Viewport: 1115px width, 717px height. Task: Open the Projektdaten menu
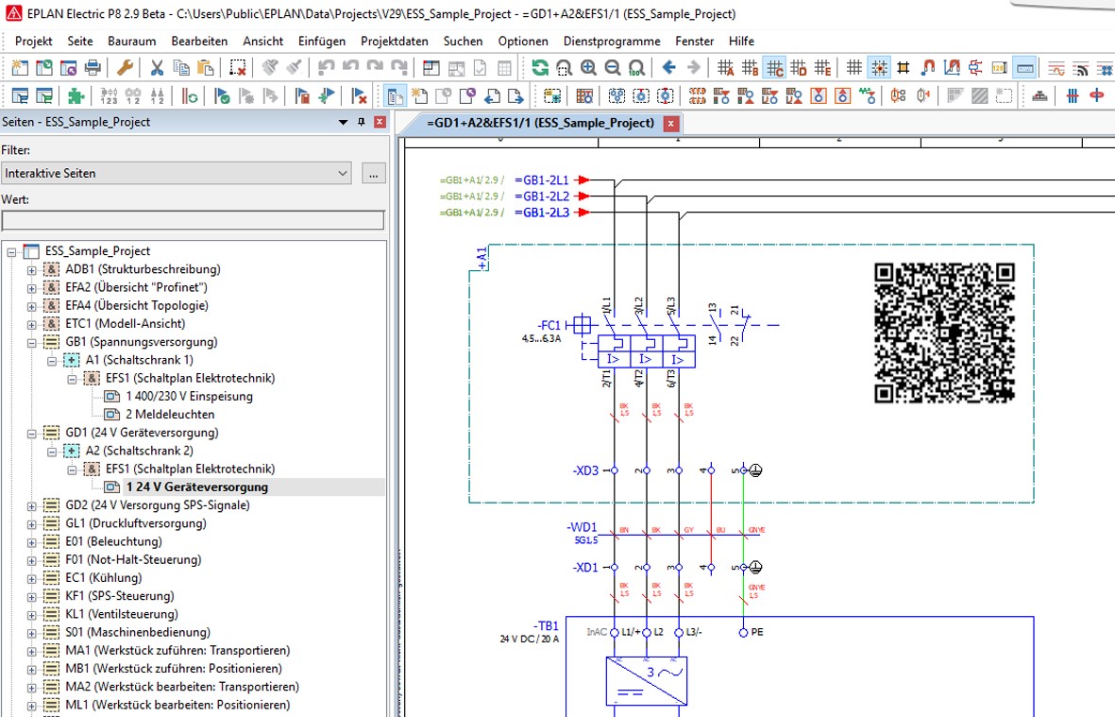[x=394, y=42]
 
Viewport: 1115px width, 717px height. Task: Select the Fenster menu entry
[x=694, y=42]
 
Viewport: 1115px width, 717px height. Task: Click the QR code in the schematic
[x=943, y=334]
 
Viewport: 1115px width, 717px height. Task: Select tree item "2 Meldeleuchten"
[x=170, y=415]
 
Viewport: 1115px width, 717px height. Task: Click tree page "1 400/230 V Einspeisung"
[x=189, y=397]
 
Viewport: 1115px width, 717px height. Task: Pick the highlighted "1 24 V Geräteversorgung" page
[x=196, y=487]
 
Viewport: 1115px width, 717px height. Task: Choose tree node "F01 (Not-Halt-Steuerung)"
[x=131, y=560]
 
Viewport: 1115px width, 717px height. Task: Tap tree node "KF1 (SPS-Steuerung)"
[x=119, y=596]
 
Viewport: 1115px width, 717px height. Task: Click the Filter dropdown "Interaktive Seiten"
[x=177, y=174]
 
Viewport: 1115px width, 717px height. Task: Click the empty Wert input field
[x=193, y=221]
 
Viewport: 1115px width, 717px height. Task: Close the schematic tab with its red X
[x=670, y=124]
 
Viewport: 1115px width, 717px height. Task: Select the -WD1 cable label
[x=582, y=527]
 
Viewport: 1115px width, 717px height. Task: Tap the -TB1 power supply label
[x=547, y=626]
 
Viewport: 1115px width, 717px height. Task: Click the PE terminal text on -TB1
[x=757, y=632]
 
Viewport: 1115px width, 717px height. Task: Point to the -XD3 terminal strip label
[x=585, y=470]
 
